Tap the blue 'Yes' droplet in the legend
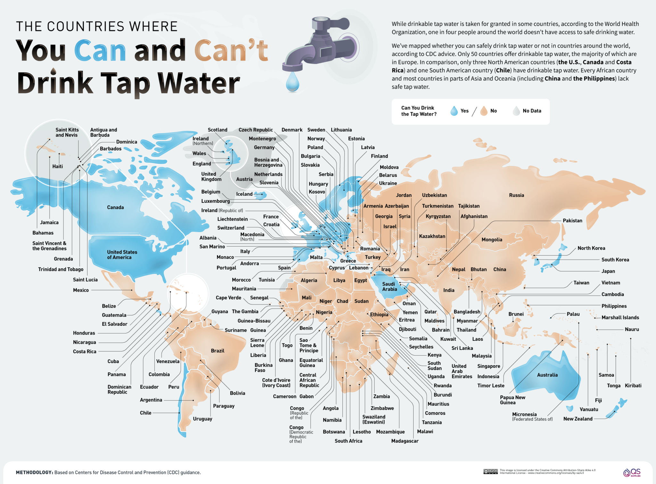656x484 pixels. pos(454,111)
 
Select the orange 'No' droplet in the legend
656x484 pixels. pos(484,111)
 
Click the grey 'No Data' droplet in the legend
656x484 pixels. pos(516,111)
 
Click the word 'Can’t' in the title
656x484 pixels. pos(231,50)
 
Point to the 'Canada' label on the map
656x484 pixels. pos(115,207)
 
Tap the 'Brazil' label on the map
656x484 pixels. pos(217,351)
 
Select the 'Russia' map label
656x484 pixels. pos(516,195)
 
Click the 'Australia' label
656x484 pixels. pos(547,375)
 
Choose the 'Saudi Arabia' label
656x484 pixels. pos(389,286)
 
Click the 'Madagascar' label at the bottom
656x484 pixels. pos(405,441)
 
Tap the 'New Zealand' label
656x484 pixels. pos(578,419)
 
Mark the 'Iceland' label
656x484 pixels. pos(244,194)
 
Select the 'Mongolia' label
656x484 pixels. pos(492,240)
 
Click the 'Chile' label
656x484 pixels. pos(145,413)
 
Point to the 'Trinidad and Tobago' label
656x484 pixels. pos(61,269)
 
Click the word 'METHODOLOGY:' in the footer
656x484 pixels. pos(34,472)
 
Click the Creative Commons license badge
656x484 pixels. pos(490,472)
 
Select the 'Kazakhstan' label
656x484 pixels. pos(432,236)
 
